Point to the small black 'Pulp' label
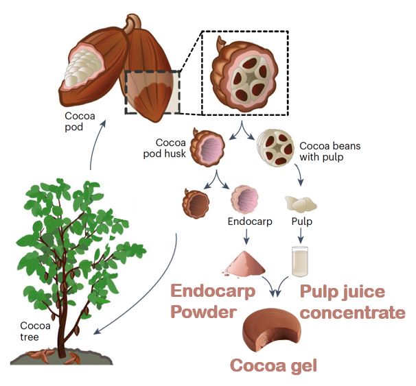[301, 221]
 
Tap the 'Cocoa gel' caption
[273, 364]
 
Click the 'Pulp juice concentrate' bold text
[352, 302]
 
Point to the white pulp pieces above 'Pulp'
[299, 202]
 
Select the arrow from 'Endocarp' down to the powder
[246, 237]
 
